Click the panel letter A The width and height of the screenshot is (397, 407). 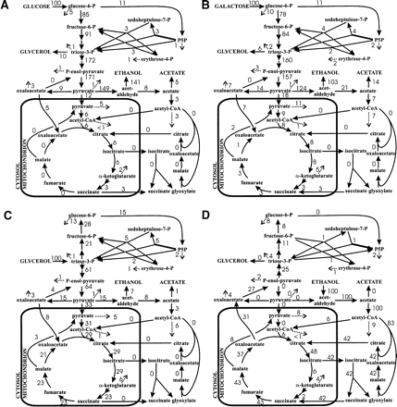pyautogui.click(x=6, y=5)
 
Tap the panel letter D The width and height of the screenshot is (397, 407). pyautogui.click(x=205, y=211)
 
